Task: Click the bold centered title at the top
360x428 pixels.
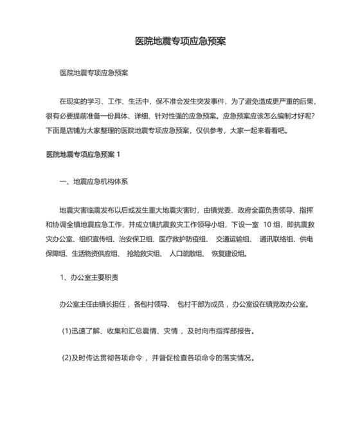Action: [x=180, y=41]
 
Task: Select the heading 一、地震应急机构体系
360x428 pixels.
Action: [x=94, y=181]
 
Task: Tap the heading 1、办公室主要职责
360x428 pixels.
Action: [x=89, y=277]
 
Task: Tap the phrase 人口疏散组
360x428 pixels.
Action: [x=185, y=253]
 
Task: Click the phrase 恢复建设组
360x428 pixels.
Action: [x=228, y=253]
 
